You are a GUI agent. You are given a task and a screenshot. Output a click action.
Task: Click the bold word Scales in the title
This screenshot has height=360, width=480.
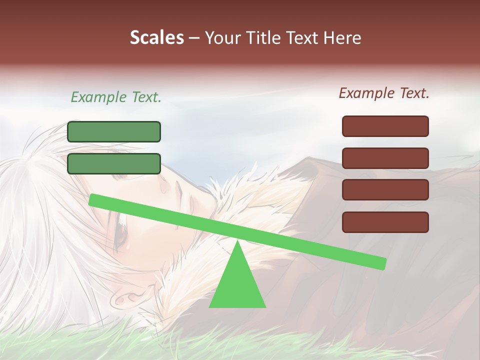(156, 37)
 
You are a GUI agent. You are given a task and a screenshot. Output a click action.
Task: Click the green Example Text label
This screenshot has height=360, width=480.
(116, 97)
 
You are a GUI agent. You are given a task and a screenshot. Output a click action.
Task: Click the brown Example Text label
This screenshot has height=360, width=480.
(384, 93)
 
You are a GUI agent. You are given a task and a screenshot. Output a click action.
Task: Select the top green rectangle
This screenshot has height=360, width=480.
(114, 131)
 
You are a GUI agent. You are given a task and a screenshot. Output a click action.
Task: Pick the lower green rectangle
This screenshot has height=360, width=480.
(114, 163)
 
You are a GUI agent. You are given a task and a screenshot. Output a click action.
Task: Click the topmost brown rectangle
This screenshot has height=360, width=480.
(385, 126)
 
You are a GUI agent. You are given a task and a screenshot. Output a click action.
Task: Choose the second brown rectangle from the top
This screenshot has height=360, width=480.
(385, 158)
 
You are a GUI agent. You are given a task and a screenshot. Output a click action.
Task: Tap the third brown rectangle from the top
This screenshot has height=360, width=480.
(385, 190)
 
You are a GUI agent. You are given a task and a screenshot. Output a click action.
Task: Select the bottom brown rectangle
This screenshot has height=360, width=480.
(385, 222)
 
